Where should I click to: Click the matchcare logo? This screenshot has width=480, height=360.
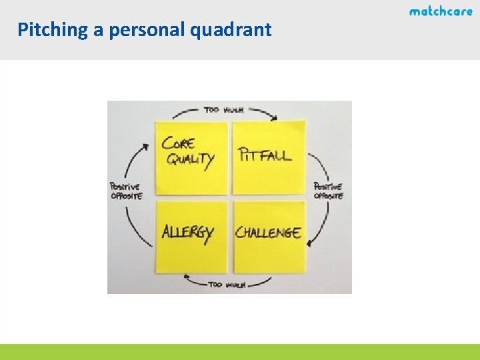[x=441, y=11]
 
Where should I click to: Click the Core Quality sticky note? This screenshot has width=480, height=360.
[x=191, y=157]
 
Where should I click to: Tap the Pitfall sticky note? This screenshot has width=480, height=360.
[x=269, y=158]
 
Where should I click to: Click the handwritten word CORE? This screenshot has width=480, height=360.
[x=179, y=143]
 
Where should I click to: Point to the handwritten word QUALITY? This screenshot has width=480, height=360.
[x=190, y=160]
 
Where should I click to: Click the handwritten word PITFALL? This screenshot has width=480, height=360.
[x=265, y=155]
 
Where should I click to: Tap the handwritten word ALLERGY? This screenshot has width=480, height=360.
[x=187, y=233]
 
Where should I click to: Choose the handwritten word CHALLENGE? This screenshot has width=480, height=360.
[x=268, y=233]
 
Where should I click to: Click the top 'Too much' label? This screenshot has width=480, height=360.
[x=224, y=109]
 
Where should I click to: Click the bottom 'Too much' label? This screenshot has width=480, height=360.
[x=227, y=285]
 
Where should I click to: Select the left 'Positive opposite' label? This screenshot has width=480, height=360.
[x=126, y=191]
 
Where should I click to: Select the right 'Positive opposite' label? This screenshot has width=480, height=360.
[x=328, y=191]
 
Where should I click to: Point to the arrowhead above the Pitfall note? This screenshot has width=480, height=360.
[x=273, y=117]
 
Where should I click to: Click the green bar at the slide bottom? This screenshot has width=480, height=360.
[x=240, y=352]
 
